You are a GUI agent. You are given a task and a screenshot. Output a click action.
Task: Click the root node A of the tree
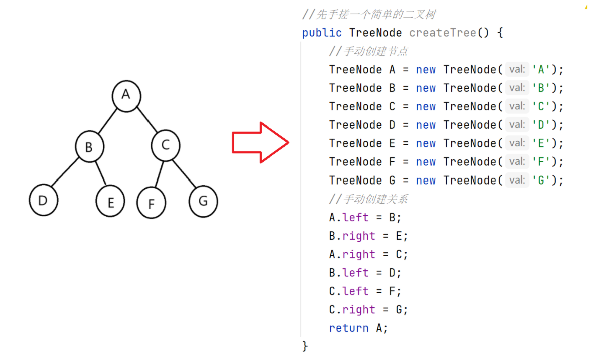pos(126,95)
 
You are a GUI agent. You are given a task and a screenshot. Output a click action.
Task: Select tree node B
pos(90,147)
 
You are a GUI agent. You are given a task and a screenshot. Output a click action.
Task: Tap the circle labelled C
pos(166,146)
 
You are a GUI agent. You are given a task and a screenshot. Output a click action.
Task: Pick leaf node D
pos(44,201)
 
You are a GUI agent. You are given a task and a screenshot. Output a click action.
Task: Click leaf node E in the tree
pos(110,202)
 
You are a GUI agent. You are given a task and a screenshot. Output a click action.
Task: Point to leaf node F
pos(151,203)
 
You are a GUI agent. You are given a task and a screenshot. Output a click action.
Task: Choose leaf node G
pos(203,201)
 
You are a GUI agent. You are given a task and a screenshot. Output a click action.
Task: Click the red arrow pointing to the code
pos(260,142)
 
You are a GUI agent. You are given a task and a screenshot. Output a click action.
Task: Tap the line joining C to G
pos(185,173)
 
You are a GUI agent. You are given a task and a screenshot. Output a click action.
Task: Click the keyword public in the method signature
pos(322,33)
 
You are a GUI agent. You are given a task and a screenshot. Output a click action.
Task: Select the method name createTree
pos(442,33)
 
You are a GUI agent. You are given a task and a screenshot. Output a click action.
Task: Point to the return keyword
pos(349,328)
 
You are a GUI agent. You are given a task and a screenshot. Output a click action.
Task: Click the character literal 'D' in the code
pos(544,125)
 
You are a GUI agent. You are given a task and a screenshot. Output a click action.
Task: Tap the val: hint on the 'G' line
pos(517,181)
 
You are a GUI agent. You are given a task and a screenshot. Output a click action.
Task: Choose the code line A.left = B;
pos(365,218)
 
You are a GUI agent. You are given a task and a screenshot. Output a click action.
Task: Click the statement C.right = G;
pos(368,310)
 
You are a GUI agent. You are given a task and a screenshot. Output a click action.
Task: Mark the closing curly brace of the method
pos(305,346)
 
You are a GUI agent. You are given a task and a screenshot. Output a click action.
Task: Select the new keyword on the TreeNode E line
pos(426,144)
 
